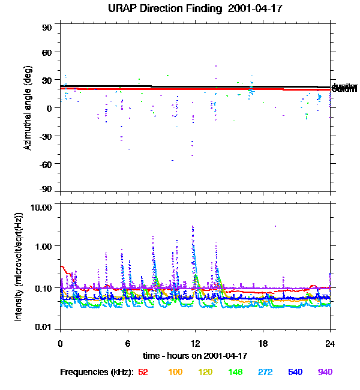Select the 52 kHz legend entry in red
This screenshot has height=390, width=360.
pos(143,372)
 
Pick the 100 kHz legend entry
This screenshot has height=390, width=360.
pos(175,372)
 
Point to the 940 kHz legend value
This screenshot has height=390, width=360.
pos(325,372)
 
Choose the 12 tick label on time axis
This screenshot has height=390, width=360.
pos(194,344)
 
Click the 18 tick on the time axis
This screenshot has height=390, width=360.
pos(262,344)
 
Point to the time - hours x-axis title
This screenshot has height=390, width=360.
pos(194,356)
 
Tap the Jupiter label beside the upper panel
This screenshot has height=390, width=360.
pos(344,86)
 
